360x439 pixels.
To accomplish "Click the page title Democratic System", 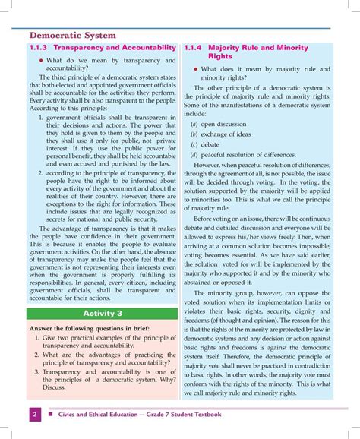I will click(73, 35).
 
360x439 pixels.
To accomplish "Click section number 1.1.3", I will click(39, 48).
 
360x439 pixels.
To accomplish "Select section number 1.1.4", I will click(194, 48).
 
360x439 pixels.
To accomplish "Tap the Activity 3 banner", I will click(103, 292).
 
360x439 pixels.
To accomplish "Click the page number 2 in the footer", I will click(35, 414).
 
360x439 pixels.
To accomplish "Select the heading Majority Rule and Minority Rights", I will click(258, 52).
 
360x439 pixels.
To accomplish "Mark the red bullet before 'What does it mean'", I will click(195, 69).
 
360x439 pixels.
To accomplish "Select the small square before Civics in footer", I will click(50, 415).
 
